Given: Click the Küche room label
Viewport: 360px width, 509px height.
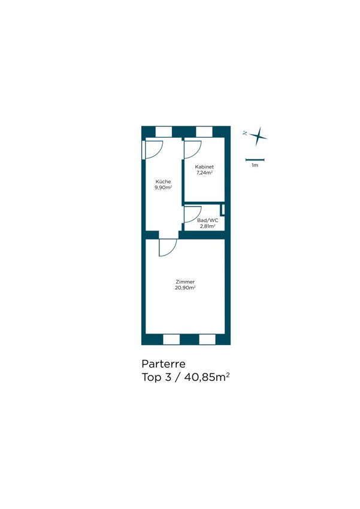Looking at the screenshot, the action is click(163, 182).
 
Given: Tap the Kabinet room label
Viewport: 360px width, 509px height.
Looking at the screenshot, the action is click(204, 167).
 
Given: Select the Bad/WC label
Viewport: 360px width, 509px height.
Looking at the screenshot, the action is click(208, 220).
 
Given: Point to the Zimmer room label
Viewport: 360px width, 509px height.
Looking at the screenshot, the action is click(185, 282).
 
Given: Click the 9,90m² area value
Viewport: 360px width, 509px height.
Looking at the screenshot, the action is click(163, 187).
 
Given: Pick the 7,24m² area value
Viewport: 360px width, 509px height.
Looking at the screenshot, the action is click(204, 172).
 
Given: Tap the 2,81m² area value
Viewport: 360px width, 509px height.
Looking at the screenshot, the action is click(208, 226).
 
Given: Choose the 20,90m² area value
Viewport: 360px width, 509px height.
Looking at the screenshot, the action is click(185, 287).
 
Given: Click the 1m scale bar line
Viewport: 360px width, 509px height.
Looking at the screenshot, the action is click(255, 159).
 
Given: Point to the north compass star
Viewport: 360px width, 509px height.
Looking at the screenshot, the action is click(258, 137).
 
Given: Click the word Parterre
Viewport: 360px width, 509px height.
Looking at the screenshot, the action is click(164, 363).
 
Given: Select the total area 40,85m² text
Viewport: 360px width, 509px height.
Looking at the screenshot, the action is click(207, 377).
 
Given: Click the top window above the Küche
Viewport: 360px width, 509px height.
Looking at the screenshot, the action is click(164, 132).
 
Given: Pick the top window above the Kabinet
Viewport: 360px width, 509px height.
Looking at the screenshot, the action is click(204, 132).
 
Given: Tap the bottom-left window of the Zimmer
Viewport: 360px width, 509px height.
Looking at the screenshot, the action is click(171, 339).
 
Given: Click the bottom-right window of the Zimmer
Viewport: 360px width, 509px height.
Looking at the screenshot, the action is click(207, 339).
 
